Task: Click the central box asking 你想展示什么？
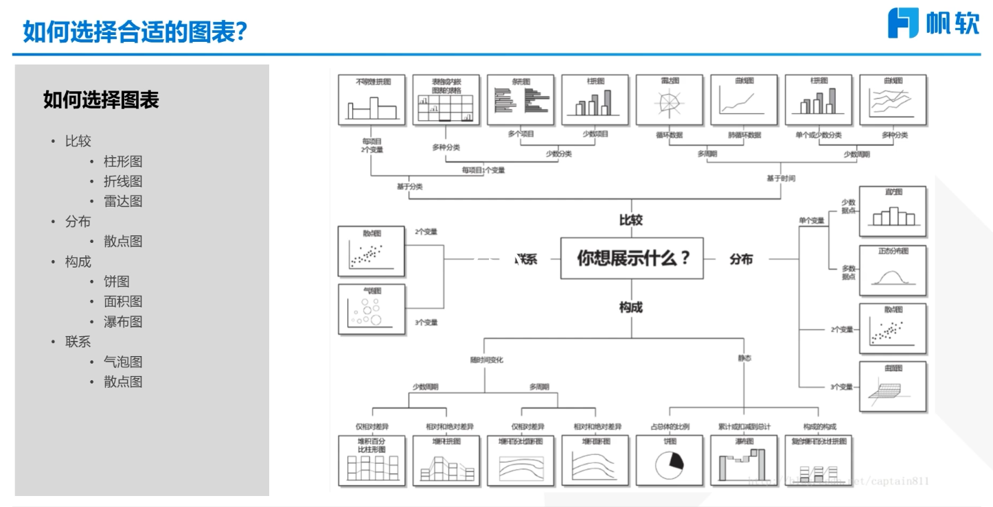click(x=632, y=258)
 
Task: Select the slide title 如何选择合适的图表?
click(x=135, y=32)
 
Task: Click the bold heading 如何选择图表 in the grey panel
click(x=101, y=100)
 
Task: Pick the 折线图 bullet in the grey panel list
click(x=123, y=182)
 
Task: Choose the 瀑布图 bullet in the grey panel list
click(x=123, y=322)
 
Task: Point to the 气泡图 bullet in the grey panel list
click(x=123, y=362)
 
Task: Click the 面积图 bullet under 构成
click(x=123, y=302)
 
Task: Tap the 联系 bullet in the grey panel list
click(x=78, y=342)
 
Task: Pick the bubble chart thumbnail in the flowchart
click(x=372, y=309)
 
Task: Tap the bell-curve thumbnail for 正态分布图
click(x=892, y=270)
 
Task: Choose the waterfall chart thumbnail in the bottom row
click(x=744, y=460)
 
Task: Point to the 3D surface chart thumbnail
click(x=892, y=386)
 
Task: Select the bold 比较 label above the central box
click(x=631, y=220)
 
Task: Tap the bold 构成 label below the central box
click(x=631, y=307)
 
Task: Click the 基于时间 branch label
click(x=781, y=178)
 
